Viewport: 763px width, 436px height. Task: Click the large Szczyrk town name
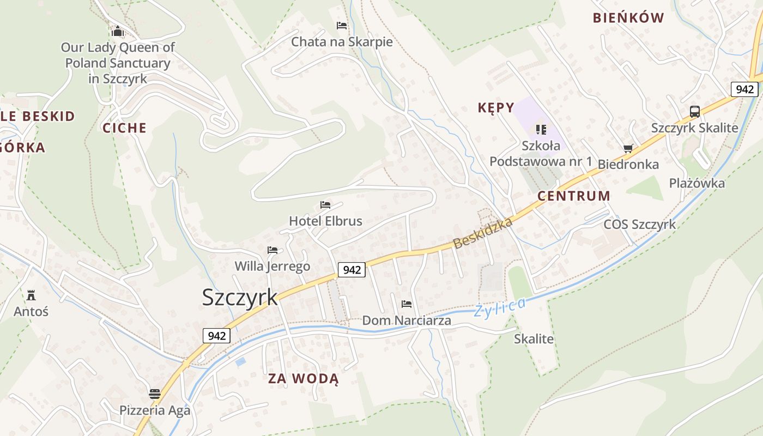[x=240, y=298]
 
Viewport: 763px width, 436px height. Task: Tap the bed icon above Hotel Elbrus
[x=325, y=205]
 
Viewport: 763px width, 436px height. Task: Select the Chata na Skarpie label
[x=342, y=42]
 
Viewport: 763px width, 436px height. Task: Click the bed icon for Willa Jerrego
[x=272, y=250]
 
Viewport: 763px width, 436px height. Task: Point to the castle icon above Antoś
[x=31, y=295]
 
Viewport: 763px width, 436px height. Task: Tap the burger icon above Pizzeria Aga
[x=155, y=393]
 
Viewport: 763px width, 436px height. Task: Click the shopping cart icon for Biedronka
[x=628, y=148]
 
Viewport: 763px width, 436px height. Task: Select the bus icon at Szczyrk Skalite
[x=694, y=112]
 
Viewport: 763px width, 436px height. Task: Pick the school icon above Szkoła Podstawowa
[x=541, y=129]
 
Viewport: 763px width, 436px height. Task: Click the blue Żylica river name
[x=500, y=307]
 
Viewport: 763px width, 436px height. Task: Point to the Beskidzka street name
[x=483, y=233]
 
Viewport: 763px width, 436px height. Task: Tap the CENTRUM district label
[x=574, y=196]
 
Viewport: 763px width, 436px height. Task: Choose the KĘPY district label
[x=496, y=108]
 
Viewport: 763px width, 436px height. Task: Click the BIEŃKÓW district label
[x=628, y=18]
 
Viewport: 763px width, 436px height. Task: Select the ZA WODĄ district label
[x=303, y=379]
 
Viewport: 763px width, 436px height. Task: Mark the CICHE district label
[x=125, y=128]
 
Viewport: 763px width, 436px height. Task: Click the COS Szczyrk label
[x=639, y=224]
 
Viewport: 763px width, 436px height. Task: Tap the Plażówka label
[x=697, y=183]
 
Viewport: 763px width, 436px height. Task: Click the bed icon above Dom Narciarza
[x=406, y=304]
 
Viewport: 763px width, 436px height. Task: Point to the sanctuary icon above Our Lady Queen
[x=117, y=31]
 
